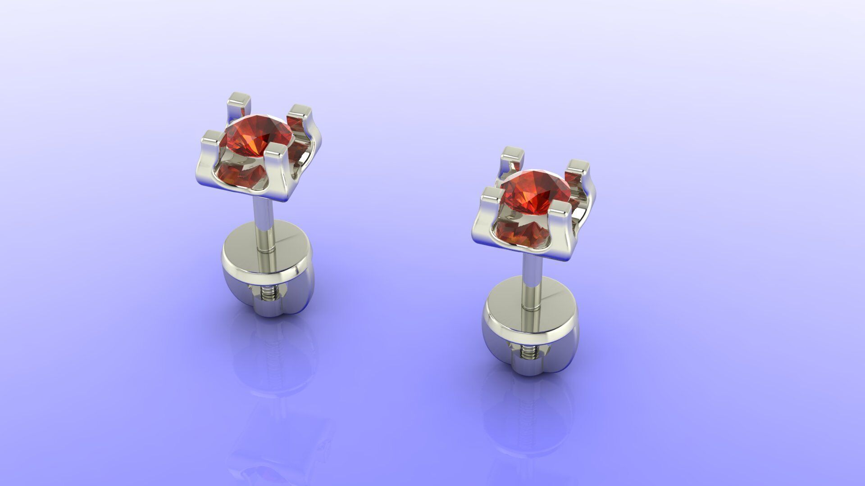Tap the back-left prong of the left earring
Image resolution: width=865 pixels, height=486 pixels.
point(239,102)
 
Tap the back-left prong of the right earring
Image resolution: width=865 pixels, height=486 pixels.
point(513,156)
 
